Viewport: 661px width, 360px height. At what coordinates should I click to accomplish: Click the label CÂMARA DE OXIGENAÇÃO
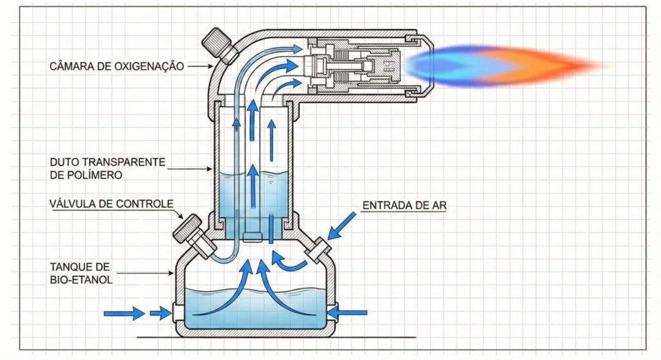pyautogui.click(x=117, y=66)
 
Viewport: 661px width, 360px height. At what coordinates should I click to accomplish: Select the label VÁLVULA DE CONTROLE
pyautogui.click(x=111, y=205)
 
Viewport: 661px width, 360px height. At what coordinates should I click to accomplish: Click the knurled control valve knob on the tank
pyautogui.click(x=187, y=228)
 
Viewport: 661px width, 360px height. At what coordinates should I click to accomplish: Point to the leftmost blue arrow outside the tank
pyautogui.click(x=124, y=314)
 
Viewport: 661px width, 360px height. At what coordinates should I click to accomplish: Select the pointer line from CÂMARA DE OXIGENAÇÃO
pyautogui.click(x=200, y=66)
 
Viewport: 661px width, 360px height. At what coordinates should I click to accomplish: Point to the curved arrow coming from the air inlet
pyautogui.click(x=287, y=262)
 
